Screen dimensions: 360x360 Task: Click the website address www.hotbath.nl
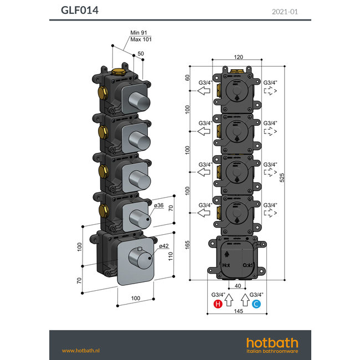(84, 350)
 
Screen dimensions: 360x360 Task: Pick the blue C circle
(256, 304)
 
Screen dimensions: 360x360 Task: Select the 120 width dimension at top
(238, 57)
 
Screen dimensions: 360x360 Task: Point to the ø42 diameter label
(163, 246)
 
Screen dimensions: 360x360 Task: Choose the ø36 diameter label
(159, 205)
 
